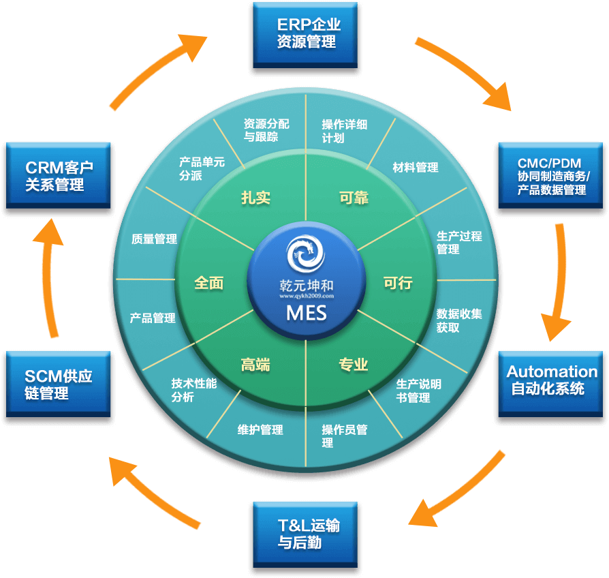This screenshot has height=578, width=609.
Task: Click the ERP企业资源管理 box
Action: [x=306, y=33]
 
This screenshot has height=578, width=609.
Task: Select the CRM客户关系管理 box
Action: [x=58, y=174]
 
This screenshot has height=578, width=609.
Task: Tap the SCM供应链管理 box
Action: [x=58, y=384]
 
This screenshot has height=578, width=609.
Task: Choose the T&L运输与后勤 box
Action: [x=306, y=534]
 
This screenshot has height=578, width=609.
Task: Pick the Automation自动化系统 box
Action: [x=550, y=380]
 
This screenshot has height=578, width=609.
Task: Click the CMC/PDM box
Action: [x=550, y=175]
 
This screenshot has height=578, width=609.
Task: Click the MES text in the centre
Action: [x=306, y=313]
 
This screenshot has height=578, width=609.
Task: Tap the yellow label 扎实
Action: [x=255, y=198]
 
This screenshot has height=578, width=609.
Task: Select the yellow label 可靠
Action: [x=354, y=198]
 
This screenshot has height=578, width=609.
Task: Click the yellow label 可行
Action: [x=398, y=282]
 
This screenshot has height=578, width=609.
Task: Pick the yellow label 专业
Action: [x=354, y=365]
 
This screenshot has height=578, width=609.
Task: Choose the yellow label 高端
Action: [x=255, y=365]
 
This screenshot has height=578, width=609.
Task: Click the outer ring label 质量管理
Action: [x=154, y=239]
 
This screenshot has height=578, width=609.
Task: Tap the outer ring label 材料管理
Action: [x=416, y=167]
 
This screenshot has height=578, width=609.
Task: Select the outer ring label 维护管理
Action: [x=260, y=430]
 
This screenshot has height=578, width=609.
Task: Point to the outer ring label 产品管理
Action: [x=153, y=318]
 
